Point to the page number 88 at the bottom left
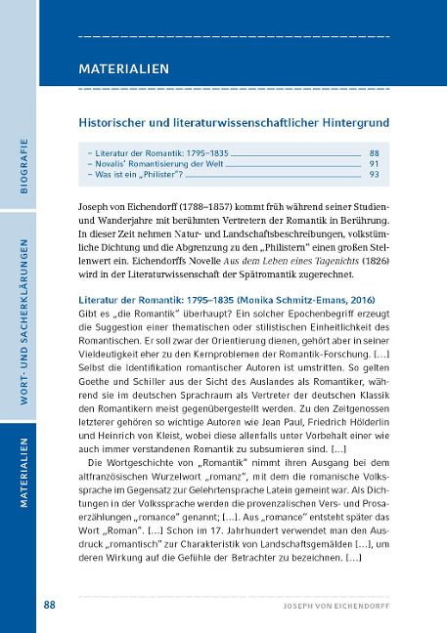coord(50,605)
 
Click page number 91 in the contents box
coord(374,164)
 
